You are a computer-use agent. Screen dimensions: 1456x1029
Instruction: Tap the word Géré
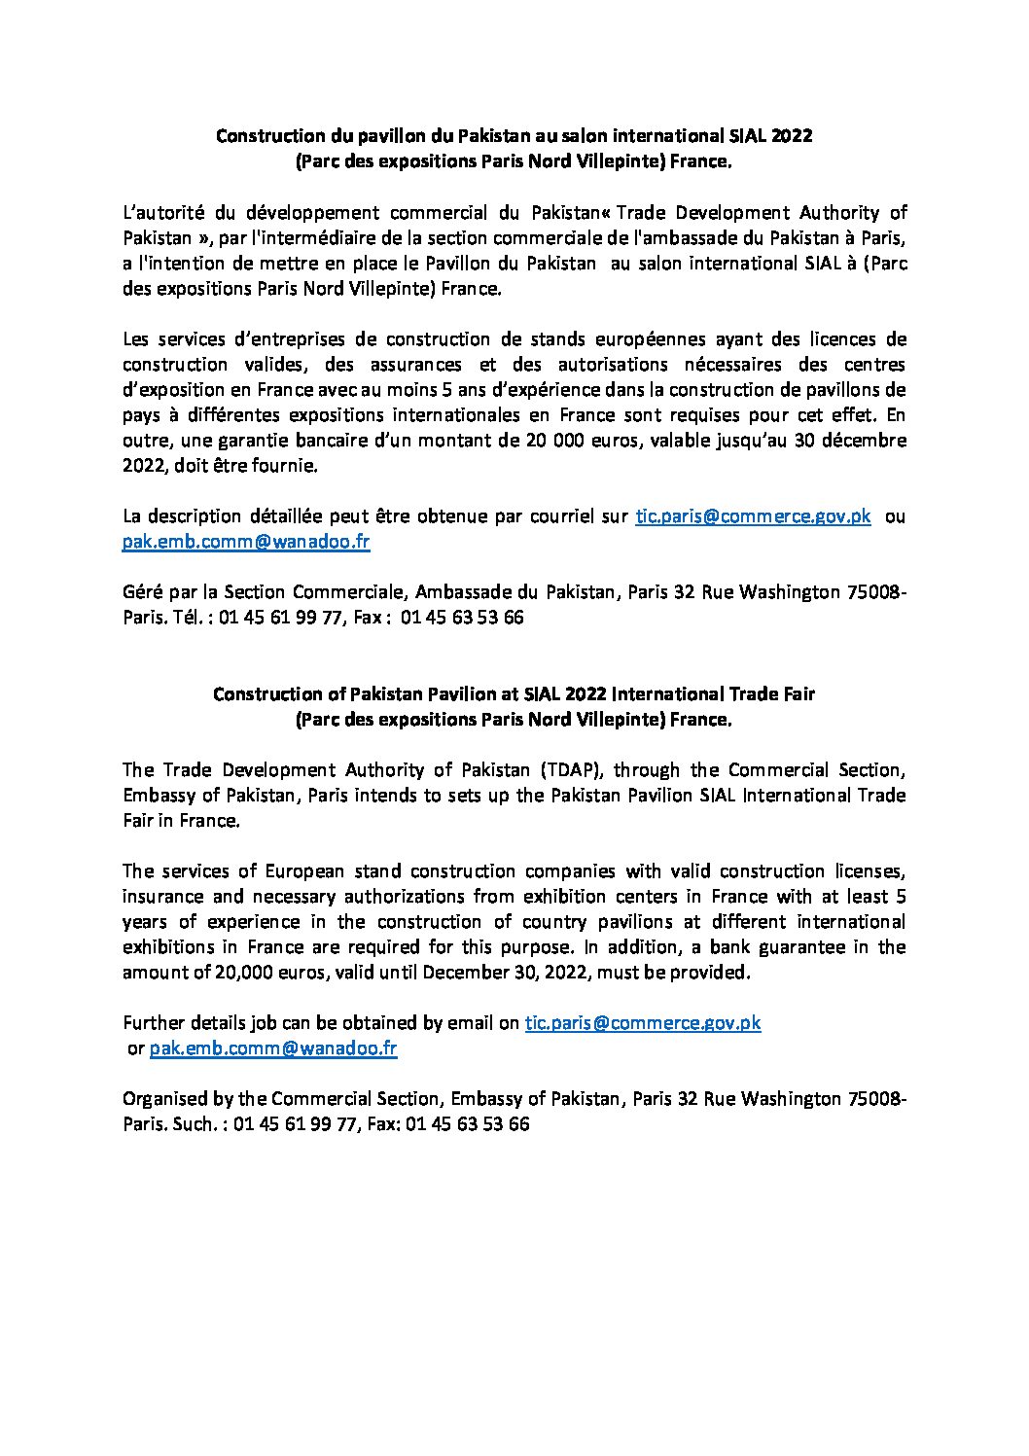coord(142,592)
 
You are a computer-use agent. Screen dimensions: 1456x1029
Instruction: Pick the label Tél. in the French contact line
coord(193,618)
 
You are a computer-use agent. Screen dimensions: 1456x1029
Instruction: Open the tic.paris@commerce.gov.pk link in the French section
coord(753,516)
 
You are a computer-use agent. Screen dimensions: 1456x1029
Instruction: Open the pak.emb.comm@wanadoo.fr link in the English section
coord(272,1048)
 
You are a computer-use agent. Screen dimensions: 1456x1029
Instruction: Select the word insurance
coord(161,896)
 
